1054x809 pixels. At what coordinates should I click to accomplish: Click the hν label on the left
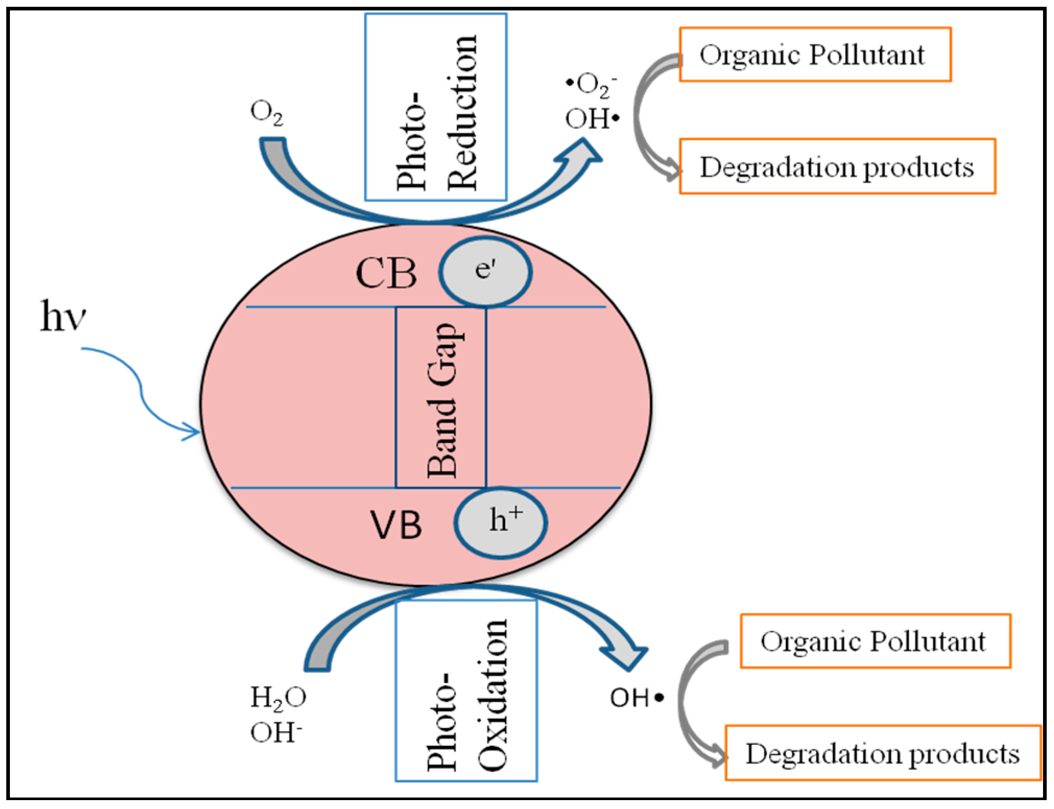coord(63,316)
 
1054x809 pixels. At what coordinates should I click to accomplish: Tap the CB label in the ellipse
coord(386,273)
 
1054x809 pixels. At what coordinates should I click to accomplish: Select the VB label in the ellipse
coord(396,525)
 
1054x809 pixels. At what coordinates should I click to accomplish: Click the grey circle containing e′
coord(485,271)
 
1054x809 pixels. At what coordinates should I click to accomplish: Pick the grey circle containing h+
coord(500,522)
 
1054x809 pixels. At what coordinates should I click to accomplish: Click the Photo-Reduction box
coord(436,108)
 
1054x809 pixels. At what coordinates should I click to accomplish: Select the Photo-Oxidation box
coord(466,691)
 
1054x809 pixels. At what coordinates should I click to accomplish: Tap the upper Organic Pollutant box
coord(815,55)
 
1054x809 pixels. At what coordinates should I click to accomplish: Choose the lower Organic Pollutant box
coord(876,641)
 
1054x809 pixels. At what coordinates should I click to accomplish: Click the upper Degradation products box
coord(837,167)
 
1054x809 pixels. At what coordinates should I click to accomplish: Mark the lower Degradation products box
coord(883,753)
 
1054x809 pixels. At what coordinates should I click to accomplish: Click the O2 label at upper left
coord(267,113)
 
